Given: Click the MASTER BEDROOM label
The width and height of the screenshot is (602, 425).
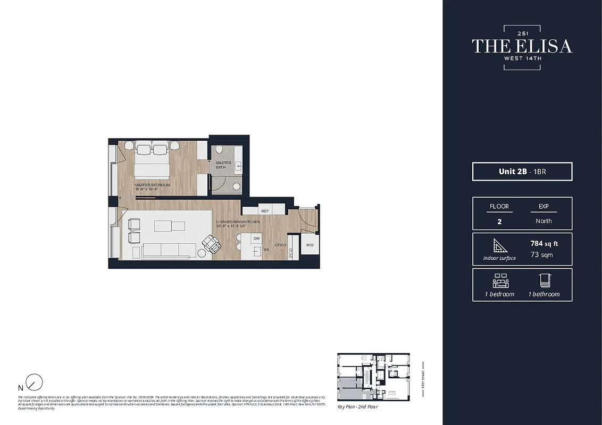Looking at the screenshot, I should (x=152, y=185).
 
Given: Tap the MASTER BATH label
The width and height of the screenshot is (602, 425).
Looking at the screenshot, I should (x=223, y=165).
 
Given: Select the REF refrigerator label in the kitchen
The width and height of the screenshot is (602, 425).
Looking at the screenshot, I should (x=265, y=211).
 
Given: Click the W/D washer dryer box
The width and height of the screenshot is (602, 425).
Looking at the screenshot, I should (x=310, y=245).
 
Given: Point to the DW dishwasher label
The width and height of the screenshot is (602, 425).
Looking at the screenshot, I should (x=256, y=239).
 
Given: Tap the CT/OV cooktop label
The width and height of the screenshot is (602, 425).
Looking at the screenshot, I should (x=281, y=245).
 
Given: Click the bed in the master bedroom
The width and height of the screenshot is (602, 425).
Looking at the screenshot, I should (x=152, y=162).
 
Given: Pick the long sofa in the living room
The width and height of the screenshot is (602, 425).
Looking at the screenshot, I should (x=170, y=250).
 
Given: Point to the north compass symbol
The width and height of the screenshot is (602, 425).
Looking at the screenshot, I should (x=35, y=382).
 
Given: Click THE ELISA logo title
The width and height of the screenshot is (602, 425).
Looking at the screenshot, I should (x=522, y=46).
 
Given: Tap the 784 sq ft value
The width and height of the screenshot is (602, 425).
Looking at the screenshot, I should (x=544, y=243).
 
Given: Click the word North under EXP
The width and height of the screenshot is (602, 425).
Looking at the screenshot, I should (x=544, y=221).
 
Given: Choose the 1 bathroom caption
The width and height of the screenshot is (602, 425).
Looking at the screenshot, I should (x=544, y=294).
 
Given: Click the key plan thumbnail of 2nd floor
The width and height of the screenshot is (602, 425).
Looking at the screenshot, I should (x=373, y=377).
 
